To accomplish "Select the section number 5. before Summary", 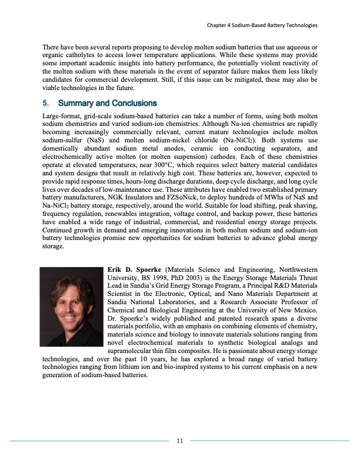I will click(46, 104).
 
